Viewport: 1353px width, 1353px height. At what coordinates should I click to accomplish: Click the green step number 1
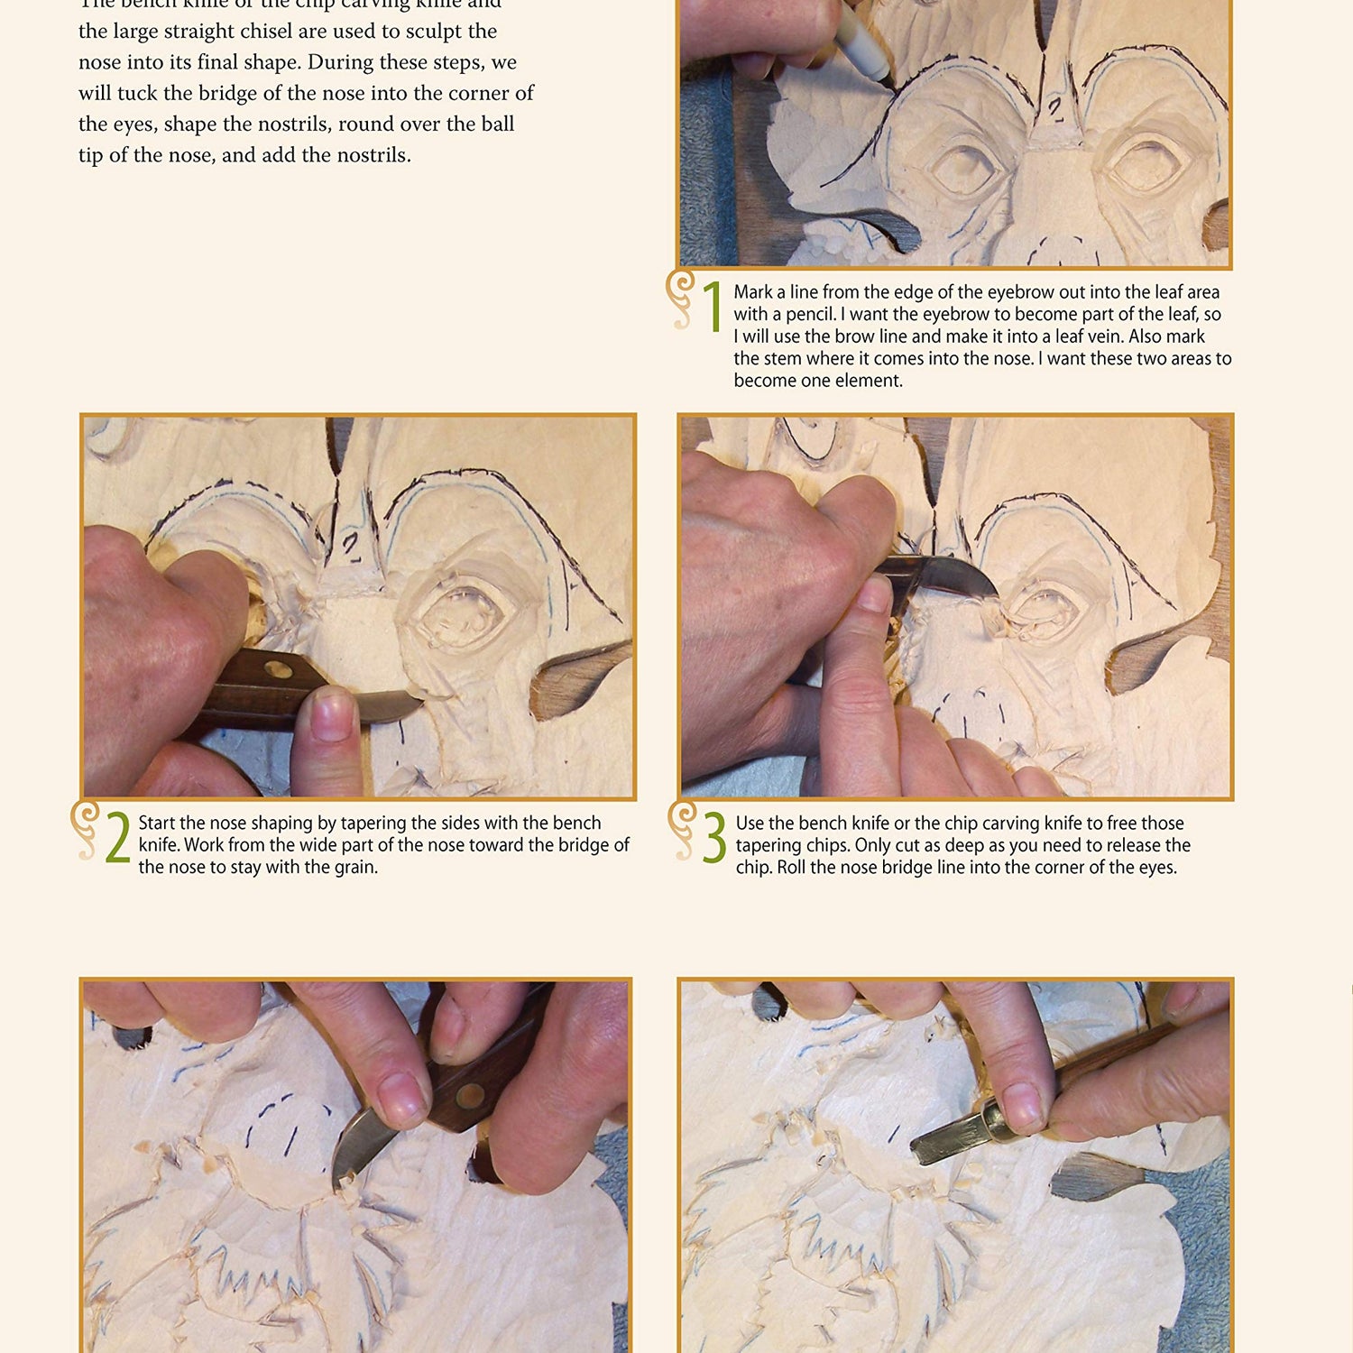click(713, 307)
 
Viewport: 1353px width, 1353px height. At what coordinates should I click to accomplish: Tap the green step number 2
click(117, 838)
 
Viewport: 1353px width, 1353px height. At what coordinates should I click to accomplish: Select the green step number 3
click(714, 838)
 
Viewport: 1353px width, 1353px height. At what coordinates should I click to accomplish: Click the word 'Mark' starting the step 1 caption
click(753, 292)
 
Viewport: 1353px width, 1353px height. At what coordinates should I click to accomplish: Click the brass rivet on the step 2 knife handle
click(278, 671)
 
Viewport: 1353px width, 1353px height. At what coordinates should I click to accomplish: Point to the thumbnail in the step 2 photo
click(330, 713)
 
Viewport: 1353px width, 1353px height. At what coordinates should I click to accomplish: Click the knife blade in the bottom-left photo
click(361, 1146)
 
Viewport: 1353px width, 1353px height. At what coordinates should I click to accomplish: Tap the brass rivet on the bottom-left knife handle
click(469, 1095)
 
